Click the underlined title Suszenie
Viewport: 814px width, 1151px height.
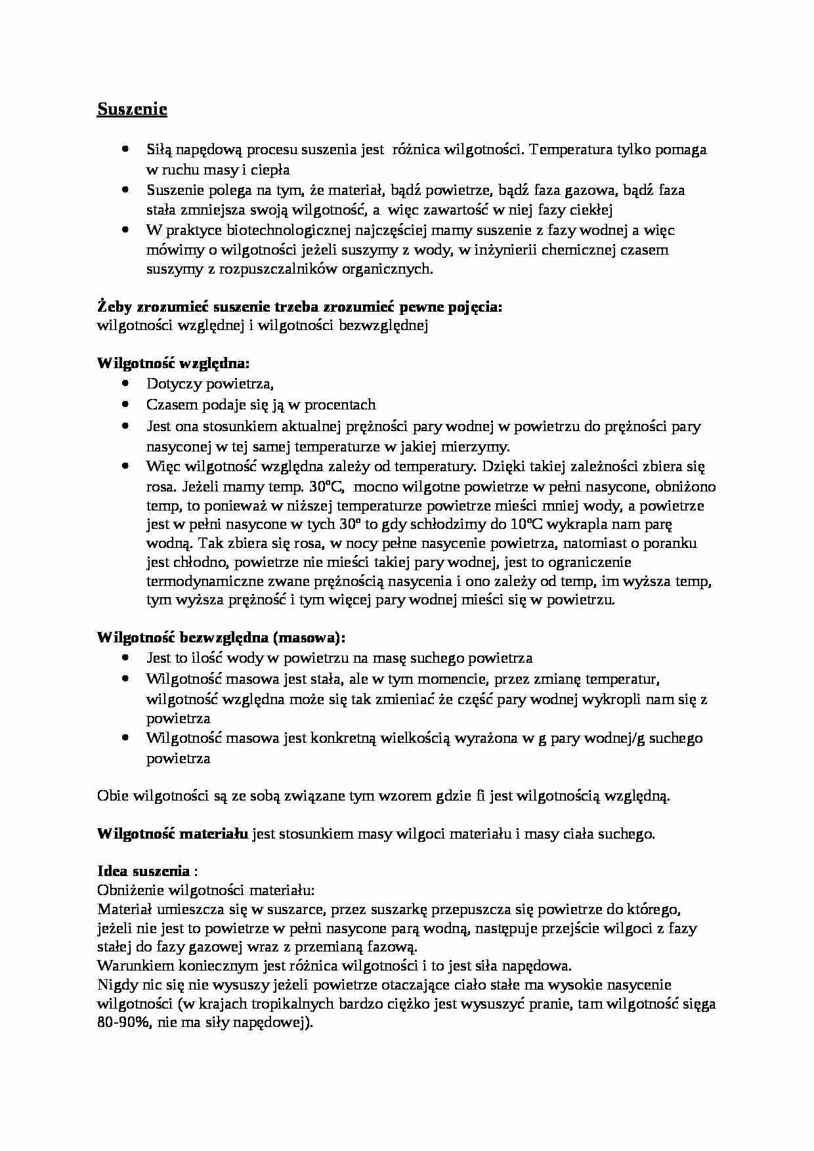click(132, 109)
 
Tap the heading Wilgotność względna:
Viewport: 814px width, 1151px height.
click(173, 364)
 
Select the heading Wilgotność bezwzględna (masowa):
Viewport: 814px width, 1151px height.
click(221, 637)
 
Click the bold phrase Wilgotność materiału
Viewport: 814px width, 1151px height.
click(173, 834)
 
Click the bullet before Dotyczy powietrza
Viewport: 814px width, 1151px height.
click(125, 384)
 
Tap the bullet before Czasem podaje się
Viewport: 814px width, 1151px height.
click(125, 405)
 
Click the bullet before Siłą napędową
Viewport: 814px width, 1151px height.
click(125, 150)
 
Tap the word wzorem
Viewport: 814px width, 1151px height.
click(409, 796)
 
